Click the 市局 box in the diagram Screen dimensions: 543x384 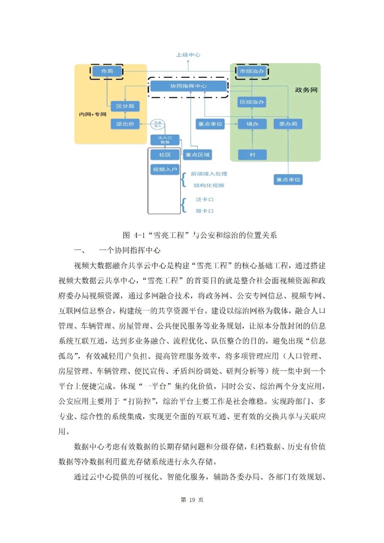click(107, 71)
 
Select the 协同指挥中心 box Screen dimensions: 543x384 click(188, 86)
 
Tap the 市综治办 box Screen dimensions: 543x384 click(252, 71)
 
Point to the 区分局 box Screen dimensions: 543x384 click(125, 106)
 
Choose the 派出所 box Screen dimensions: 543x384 click(125, 124)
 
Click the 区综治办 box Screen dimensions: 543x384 click(252, 102)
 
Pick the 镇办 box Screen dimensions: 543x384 click(252, 124)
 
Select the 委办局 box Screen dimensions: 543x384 click(288, 124)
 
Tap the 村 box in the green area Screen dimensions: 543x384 click(252, 155)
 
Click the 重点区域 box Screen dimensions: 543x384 click(197, 155)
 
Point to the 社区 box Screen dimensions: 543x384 click(165, 155)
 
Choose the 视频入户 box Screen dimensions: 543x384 click(165, 169)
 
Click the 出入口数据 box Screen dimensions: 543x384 click(165, 140)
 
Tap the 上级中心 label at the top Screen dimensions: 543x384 click(188, 55)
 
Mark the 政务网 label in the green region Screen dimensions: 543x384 click(306, 90)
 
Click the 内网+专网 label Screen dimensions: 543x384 click(92, 114)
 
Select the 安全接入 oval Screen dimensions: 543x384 click(158, 124)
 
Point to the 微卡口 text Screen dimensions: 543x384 click(204, 211)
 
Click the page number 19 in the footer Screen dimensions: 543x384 click(192, 500)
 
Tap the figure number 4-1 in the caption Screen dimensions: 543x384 click(139, 235)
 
